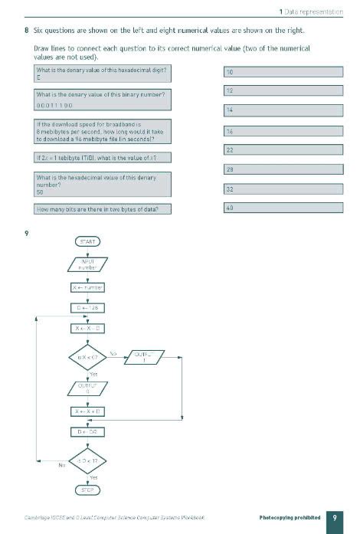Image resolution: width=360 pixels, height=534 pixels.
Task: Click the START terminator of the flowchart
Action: click(88, 241)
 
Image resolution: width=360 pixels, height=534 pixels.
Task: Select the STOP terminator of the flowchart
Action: click(88, 489)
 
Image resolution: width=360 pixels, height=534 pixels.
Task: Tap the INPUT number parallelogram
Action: click(88, 265)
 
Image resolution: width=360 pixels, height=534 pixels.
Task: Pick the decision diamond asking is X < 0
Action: click(88, 357)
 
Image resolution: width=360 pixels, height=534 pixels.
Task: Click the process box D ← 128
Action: click(88, 308)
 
